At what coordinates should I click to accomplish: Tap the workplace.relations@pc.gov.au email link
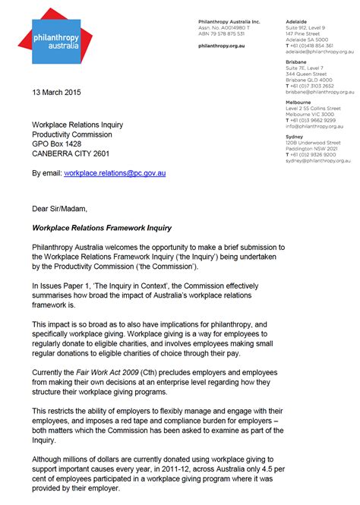click(115, 173)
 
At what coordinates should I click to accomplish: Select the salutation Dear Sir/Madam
click(60, 208)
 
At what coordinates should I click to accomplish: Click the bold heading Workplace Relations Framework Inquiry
click(102, 228)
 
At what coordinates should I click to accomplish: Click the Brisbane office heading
click(296, 62)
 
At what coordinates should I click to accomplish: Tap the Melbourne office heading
click(298, 102)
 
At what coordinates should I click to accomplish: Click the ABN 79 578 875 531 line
click(221, 33)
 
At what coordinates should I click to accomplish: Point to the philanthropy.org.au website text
click(221, 46)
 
